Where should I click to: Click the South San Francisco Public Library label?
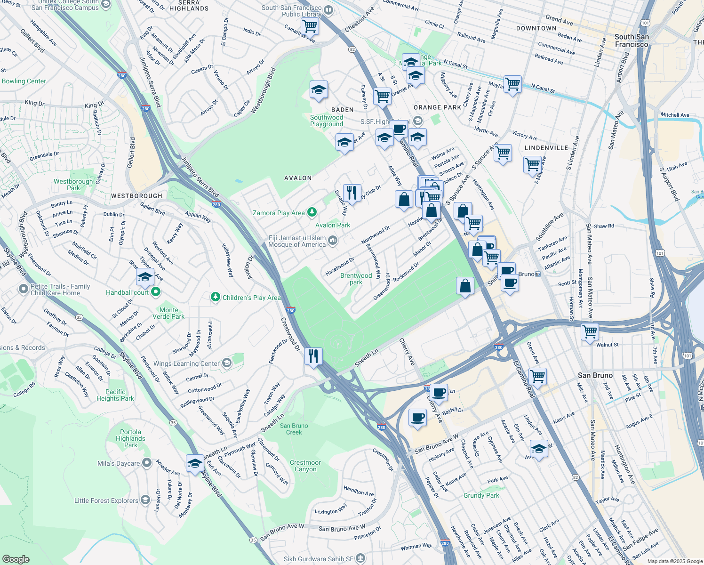point(292,11)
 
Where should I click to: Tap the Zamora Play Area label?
point(279,213)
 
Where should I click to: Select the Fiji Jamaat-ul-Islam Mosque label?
point(297,241)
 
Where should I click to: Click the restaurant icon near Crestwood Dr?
point(313,356)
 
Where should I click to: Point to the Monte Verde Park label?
point(168,313)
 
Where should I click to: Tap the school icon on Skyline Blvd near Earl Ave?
point(194,464)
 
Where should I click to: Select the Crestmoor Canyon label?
point(305,466)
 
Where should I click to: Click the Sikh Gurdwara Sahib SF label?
point(318,559)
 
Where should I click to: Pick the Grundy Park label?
point(481,495)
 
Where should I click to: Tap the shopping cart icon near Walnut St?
point(589,331)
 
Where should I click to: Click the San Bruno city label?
point(595,375)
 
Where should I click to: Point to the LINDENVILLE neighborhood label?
point(546,148)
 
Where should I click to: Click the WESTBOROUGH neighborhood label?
point(136,196)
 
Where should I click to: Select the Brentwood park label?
point(356,279)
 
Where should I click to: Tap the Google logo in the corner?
point(16,559)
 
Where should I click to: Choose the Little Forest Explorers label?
point(106,500)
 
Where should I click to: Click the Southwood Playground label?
point(327,121)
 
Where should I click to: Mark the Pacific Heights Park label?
point(115,395)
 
